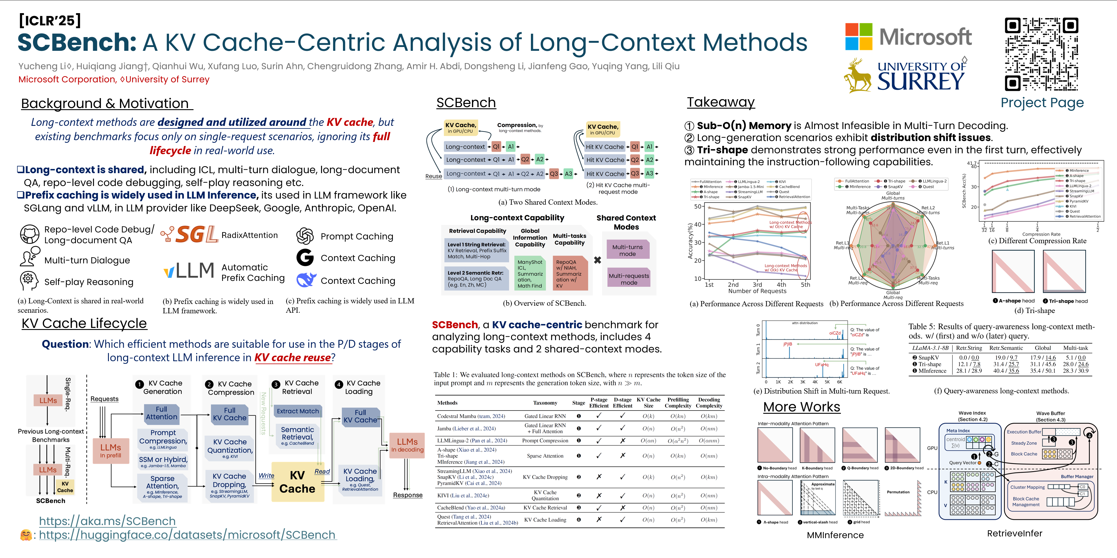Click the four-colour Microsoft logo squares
pyautogui.click(x=859, y=37)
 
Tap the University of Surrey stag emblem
pyautogui.click(x=858, y=76)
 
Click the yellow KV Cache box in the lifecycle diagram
pyautogui.click(x=297, y=481)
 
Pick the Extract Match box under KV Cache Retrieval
pyautogui.click(x=297, y=411)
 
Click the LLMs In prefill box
pyautogui.click(x=111, y=450)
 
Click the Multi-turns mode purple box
pyautogui.click(x=628, y=250)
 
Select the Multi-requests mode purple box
pyautogui.click(x=629, y=279)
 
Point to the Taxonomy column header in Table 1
pyautogui.click(x=545, y=403)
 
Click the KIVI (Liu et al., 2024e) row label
pyautogui.click(x=463, y=495)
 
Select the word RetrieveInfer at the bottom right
pyautogui.click(x=1014, y=533)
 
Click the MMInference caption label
pyautogui.click(x=835, y=535)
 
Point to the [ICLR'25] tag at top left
pyautogui.click(x=50, y=20)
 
